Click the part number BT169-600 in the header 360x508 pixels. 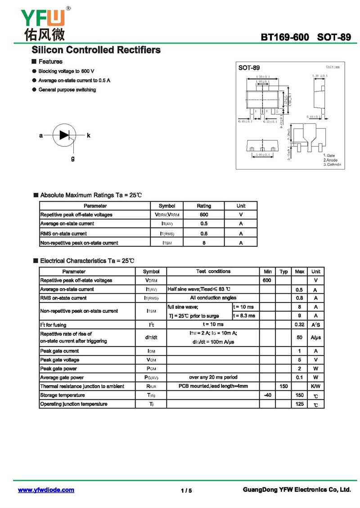[x=285, y=37]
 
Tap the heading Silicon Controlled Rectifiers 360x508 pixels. [x=95, y=50]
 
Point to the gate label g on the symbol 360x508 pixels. [x=72, y=158]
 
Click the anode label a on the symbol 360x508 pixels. [x=41, y=135]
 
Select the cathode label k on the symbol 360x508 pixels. [x=89, y=135]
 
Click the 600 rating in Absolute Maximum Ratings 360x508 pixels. [x=204, y=215]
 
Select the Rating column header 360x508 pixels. [x=204, y=206]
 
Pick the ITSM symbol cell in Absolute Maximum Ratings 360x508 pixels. [x=167, y=243]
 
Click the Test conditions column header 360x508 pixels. [x=213, y=272]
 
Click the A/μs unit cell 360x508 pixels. [x=315, y=337]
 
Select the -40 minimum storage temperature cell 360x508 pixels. [x=267, y=395]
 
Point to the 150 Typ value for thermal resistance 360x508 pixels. [x=283, y=386]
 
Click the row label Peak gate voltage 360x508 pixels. [x=60, y=360]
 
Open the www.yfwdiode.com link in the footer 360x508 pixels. [x=46, y=490]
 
